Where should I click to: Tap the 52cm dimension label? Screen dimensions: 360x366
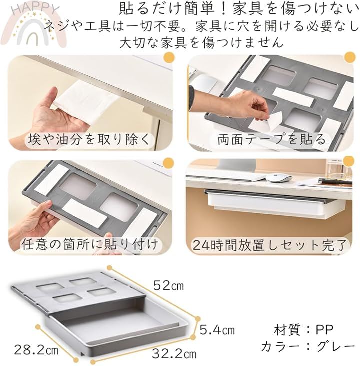(168, 285)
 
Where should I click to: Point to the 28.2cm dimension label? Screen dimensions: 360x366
(36, 350)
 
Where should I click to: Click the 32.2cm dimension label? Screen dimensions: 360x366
(174, 354)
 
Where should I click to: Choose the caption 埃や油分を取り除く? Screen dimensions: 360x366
(89, 140)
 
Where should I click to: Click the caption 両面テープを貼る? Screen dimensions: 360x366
(272, 139)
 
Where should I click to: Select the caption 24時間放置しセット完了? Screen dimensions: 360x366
(269, 245)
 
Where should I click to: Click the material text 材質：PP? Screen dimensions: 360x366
(304, 330)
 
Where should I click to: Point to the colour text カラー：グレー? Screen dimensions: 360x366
(308, 346)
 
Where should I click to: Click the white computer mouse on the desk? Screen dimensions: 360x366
(279, 178)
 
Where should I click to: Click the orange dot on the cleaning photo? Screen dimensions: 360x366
(169, 57)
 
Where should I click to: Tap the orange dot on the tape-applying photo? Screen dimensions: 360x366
(350, 57)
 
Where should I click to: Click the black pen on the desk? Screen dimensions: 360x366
(335, 181)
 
